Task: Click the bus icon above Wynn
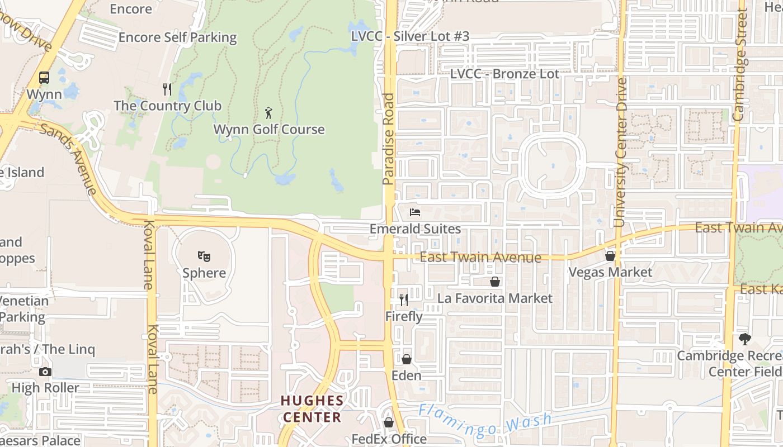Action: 44,78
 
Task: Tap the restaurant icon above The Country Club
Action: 167,89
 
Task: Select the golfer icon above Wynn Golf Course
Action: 269,113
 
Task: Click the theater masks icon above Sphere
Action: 204,256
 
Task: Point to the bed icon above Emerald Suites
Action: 415,212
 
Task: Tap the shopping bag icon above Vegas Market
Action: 610,256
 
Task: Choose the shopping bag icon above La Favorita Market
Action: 494,282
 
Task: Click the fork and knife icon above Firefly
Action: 404,300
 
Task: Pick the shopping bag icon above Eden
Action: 407,359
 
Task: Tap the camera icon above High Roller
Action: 45,372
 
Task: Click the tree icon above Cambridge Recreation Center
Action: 744,339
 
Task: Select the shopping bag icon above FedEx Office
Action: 389,422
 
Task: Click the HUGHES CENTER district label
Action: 312,409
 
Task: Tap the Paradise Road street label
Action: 389,139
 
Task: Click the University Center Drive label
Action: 620,152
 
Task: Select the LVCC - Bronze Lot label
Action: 504,74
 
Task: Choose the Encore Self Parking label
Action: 178,37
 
